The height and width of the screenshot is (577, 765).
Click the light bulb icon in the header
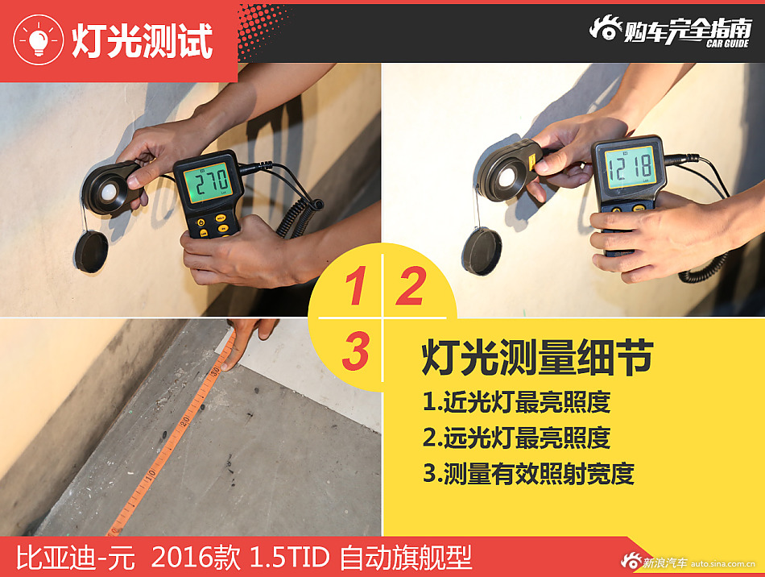tap(39, 40)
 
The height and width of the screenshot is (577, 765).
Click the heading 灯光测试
tap(143, 41)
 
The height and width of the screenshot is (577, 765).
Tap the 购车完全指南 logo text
tap(687, 31)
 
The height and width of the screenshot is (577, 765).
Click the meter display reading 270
tap(209, 181)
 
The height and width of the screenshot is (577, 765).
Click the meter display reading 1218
tap(631, 167)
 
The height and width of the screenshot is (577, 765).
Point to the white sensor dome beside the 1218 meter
tap(507, 177)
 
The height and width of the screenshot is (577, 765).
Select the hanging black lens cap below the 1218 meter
tap(482, 251)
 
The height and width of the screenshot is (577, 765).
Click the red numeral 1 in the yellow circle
tap(356, 285)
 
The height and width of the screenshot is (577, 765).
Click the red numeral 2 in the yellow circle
tap(411, 285)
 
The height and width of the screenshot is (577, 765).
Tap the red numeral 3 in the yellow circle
tap(356, 351)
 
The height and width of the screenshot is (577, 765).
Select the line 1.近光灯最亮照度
tap(517, 402)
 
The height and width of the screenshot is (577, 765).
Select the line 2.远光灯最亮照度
tap(517, 438)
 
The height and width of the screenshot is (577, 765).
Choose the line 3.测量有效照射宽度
tap(528, 473)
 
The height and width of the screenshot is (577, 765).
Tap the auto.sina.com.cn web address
tap(723, 564)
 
